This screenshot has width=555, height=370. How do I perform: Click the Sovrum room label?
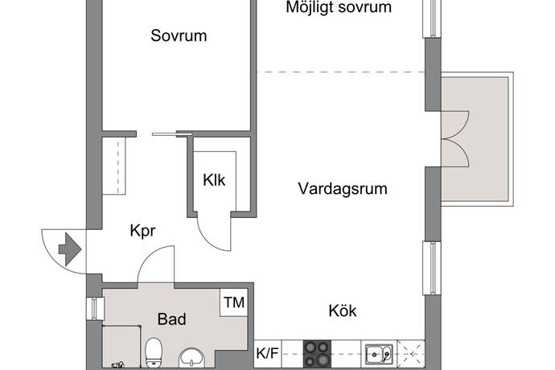point(179,35)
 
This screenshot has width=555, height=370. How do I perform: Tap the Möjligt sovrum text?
point(339,7)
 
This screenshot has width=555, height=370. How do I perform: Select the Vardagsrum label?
point(343,189)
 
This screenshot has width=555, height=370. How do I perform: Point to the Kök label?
point(343,310)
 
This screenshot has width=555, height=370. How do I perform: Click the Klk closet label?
point(214,180)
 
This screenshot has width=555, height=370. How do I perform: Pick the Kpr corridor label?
point(142,231)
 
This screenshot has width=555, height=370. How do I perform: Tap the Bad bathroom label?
point(171,319)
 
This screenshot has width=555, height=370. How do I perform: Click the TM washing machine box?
point(234,302)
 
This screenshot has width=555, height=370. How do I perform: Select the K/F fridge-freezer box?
point(268,353)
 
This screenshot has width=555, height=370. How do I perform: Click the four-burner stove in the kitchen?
point(317,354)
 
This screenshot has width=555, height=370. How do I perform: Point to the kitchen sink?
point(379,354)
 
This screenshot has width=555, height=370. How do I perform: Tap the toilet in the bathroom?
point(154,352)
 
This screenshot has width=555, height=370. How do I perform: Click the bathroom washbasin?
point(192,358)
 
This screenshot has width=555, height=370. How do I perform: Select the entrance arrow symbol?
point(70,249)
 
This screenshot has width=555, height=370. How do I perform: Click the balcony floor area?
point(475,139)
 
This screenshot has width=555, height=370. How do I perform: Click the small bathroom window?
point(95,308)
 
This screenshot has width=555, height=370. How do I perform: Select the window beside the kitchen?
point(432,268)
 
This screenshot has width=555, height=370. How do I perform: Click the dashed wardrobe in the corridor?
point(114,166)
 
